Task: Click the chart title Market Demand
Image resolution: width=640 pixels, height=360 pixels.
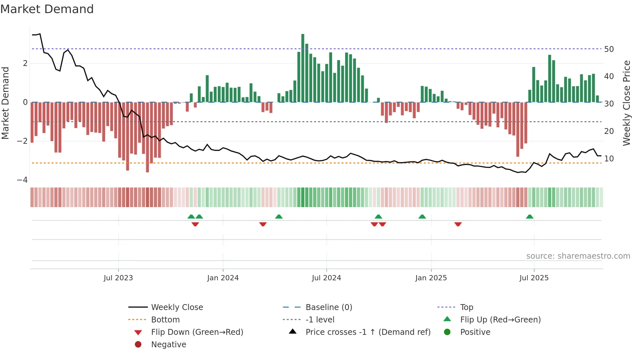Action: coord(47,9)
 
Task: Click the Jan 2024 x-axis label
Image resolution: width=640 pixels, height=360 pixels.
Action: coord(223,278)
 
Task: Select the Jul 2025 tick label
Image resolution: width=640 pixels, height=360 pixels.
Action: coord(534,278)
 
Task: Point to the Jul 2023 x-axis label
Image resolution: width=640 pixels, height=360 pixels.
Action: coord(118,278)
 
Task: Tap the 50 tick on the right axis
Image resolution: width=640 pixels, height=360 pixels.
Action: coord(609,49)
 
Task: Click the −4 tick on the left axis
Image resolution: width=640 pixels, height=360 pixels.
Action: coord(22,180)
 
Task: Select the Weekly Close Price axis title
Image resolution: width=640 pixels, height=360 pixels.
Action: coord(626,103)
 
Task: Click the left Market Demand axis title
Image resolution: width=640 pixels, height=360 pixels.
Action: coord(5,103)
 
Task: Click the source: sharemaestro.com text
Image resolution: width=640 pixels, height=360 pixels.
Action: coord(578,256)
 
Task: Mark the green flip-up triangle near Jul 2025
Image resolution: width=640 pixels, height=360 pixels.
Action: coord(530,217)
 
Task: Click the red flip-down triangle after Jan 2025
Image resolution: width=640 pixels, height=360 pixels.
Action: coord(458,224)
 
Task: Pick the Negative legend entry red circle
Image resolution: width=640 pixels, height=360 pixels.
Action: coord(138,345)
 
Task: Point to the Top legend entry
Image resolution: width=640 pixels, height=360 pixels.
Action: coord(466,307)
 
